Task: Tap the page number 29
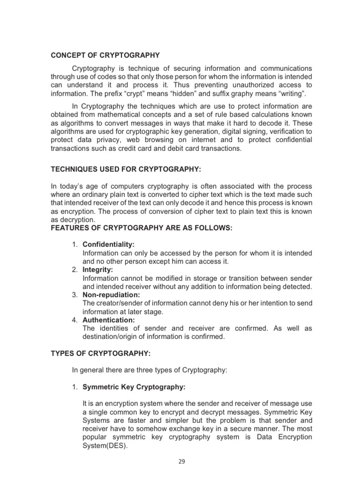[x=182, y=461]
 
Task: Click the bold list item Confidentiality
[x=109, y=245]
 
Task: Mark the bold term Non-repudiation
[x=112, y=295]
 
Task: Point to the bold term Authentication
[x=109, y=320]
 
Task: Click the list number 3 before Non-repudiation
[x=75, y=295]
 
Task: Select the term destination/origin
[x=112, y=337]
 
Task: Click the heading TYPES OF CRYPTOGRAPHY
[x=100, y=353]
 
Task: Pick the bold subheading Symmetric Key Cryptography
[x=134, y=387]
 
